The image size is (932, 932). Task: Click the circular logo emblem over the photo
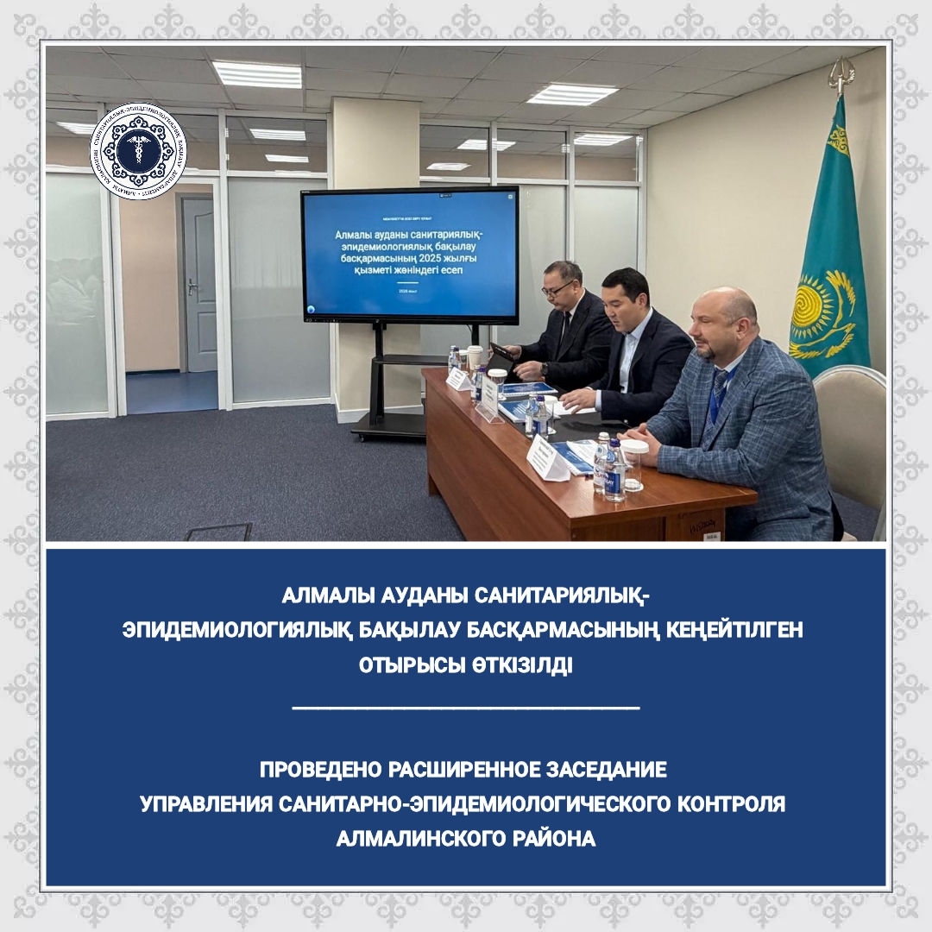tap(138, 150)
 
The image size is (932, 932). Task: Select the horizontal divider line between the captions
tap(466, 708)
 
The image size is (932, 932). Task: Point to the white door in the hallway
tap(198, 285)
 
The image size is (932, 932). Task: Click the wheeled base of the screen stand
tap(388, 424)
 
